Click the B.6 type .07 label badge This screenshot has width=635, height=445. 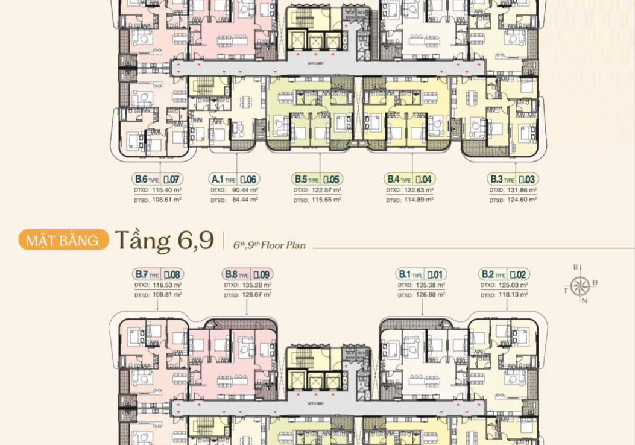click(157, 179)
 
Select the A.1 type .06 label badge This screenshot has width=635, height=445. click(235, 179)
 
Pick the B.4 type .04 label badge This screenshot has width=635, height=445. click(409, 179)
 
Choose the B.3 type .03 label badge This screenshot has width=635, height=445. click(512, 179)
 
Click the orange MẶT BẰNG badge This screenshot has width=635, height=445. click(64, 240)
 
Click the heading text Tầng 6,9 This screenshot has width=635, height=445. click(164, 240)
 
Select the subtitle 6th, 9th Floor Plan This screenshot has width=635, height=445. click(270, 245)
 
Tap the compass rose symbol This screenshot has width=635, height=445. click(580, 285)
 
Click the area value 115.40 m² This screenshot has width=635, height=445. click(167, 190)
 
